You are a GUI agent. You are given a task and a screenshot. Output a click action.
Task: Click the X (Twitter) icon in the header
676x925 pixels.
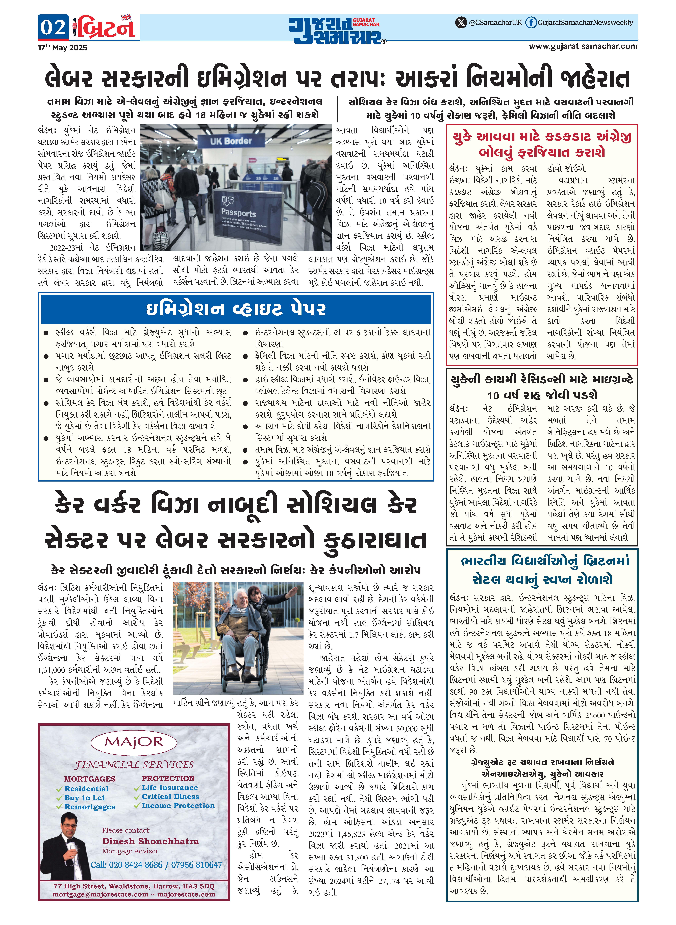pos(461,22)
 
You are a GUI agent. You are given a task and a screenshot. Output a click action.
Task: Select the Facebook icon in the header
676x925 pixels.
pos(531,22)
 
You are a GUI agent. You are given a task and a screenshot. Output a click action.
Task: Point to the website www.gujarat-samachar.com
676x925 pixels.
pos(583,46)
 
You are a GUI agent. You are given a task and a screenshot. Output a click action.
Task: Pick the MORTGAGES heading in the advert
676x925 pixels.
pos(90,779)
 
